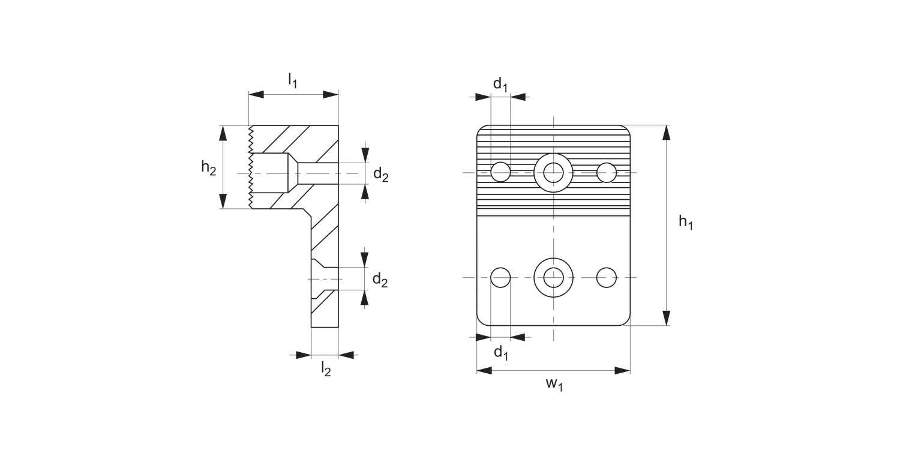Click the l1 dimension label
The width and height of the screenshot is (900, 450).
[292, 80]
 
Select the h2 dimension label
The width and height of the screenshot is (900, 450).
[208, 168]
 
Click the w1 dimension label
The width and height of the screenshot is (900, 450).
[554, 385]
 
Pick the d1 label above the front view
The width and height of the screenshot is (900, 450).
[500, 85]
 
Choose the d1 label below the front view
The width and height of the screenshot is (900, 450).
[501, 353]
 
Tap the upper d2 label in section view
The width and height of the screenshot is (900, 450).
[380, 175]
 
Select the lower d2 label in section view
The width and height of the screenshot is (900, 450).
[380, 279]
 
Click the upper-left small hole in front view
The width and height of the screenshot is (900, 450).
[500, 172]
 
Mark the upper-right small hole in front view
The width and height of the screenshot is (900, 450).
[607, 172]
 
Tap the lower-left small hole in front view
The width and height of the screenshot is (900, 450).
[500, 277]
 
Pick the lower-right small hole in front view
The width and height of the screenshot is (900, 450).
[607, 277]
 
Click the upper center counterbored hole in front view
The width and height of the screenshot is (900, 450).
[553, 172]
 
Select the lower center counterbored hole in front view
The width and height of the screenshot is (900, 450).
[553, 277]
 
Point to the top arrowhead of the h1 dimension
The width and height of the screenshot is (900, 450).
[666, 133]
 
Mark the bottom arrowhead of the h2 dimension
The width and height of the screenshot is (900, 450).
[224, 201]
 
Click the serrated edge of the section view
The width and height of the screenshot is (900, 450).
[250, 168]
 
